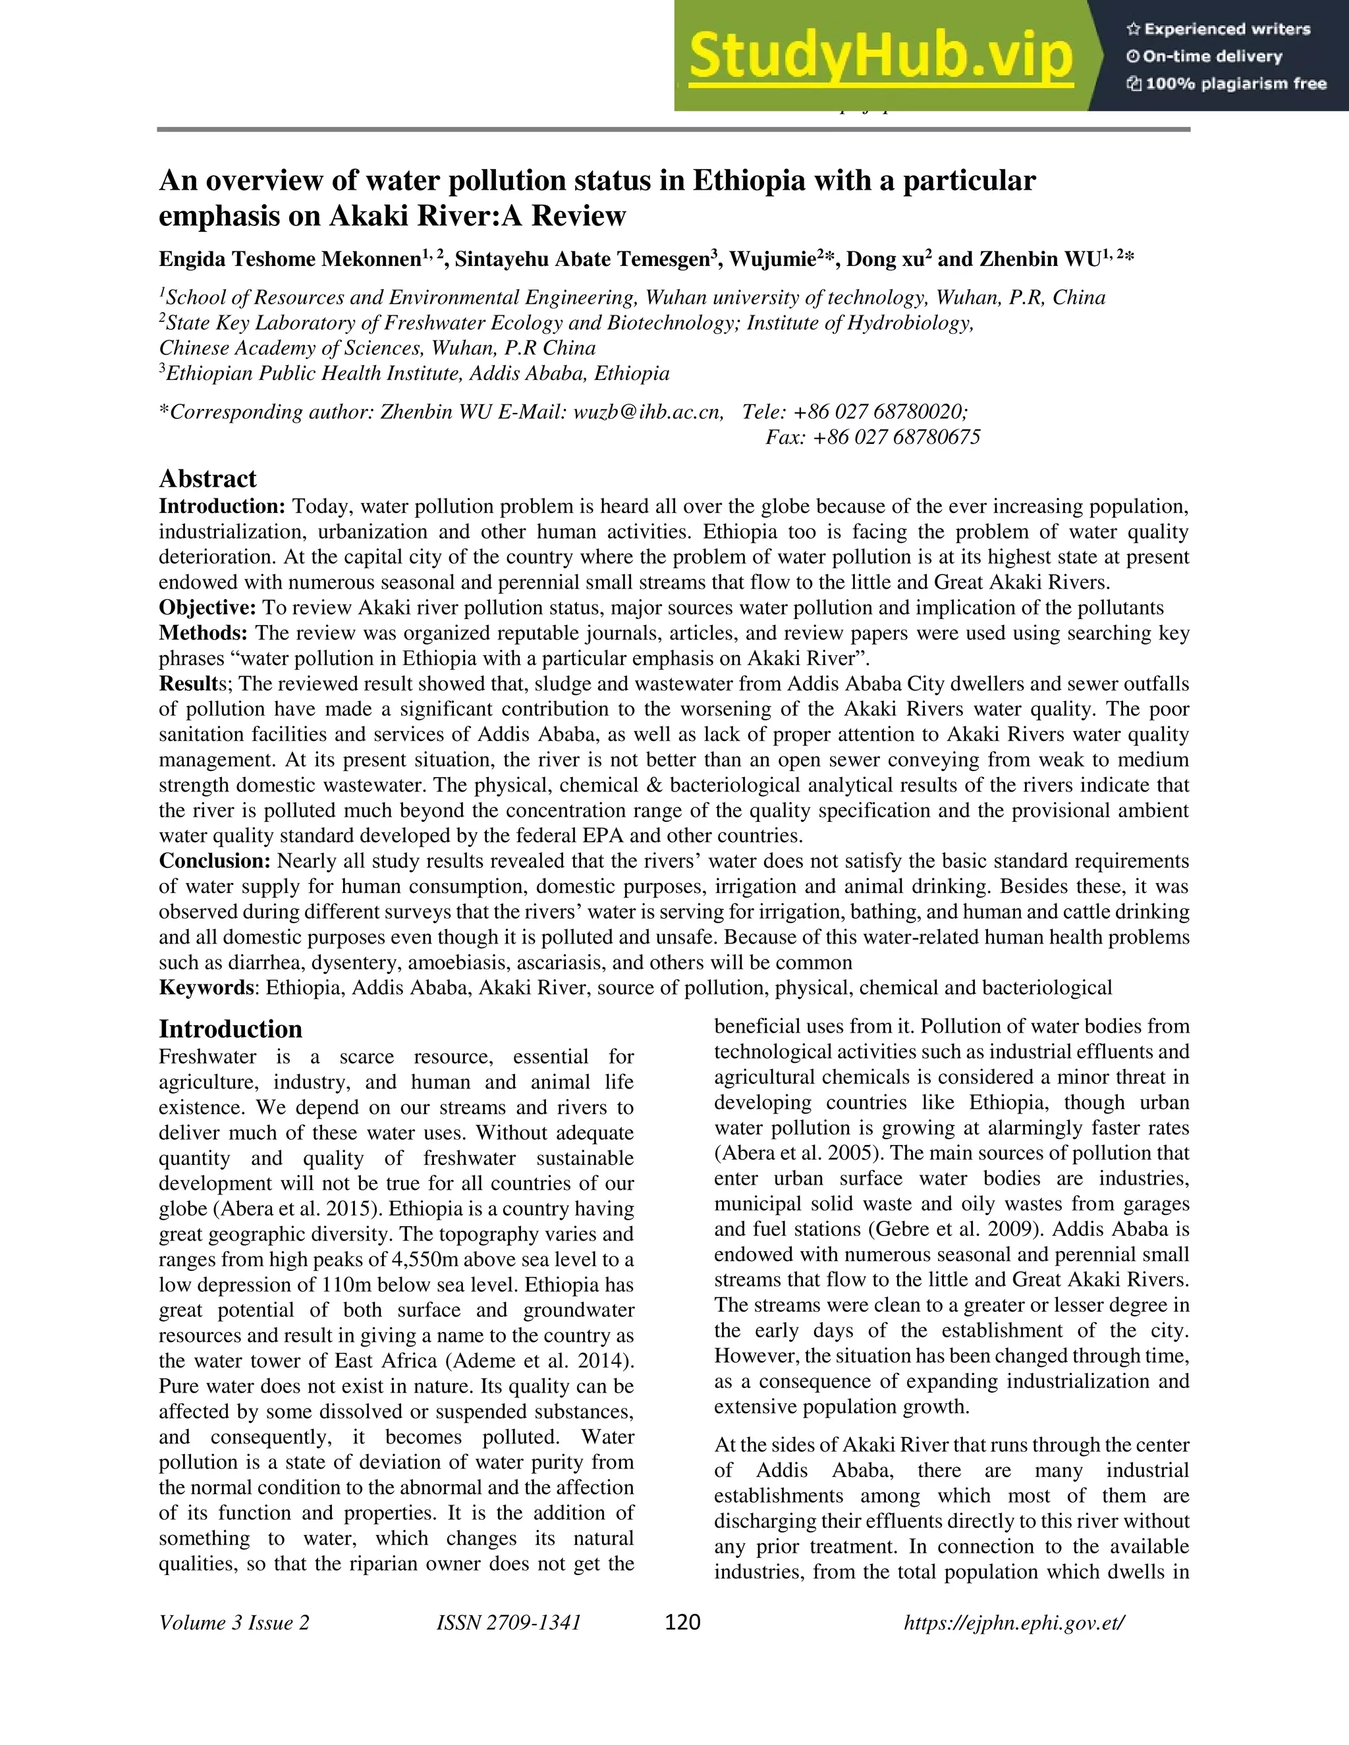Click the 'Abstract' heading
207,479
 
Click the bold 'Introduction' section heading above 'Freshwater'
230,1029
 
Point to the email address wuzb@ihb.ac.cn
647,412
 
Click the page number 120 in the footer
682,1622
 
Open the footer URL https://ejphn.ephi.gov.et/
1013,1623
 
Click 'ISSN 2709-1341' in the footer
509,1623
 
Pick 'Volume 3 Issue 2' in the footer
234,1623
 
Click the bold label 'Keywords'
206,988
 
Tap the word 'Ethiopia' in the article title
749,181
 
